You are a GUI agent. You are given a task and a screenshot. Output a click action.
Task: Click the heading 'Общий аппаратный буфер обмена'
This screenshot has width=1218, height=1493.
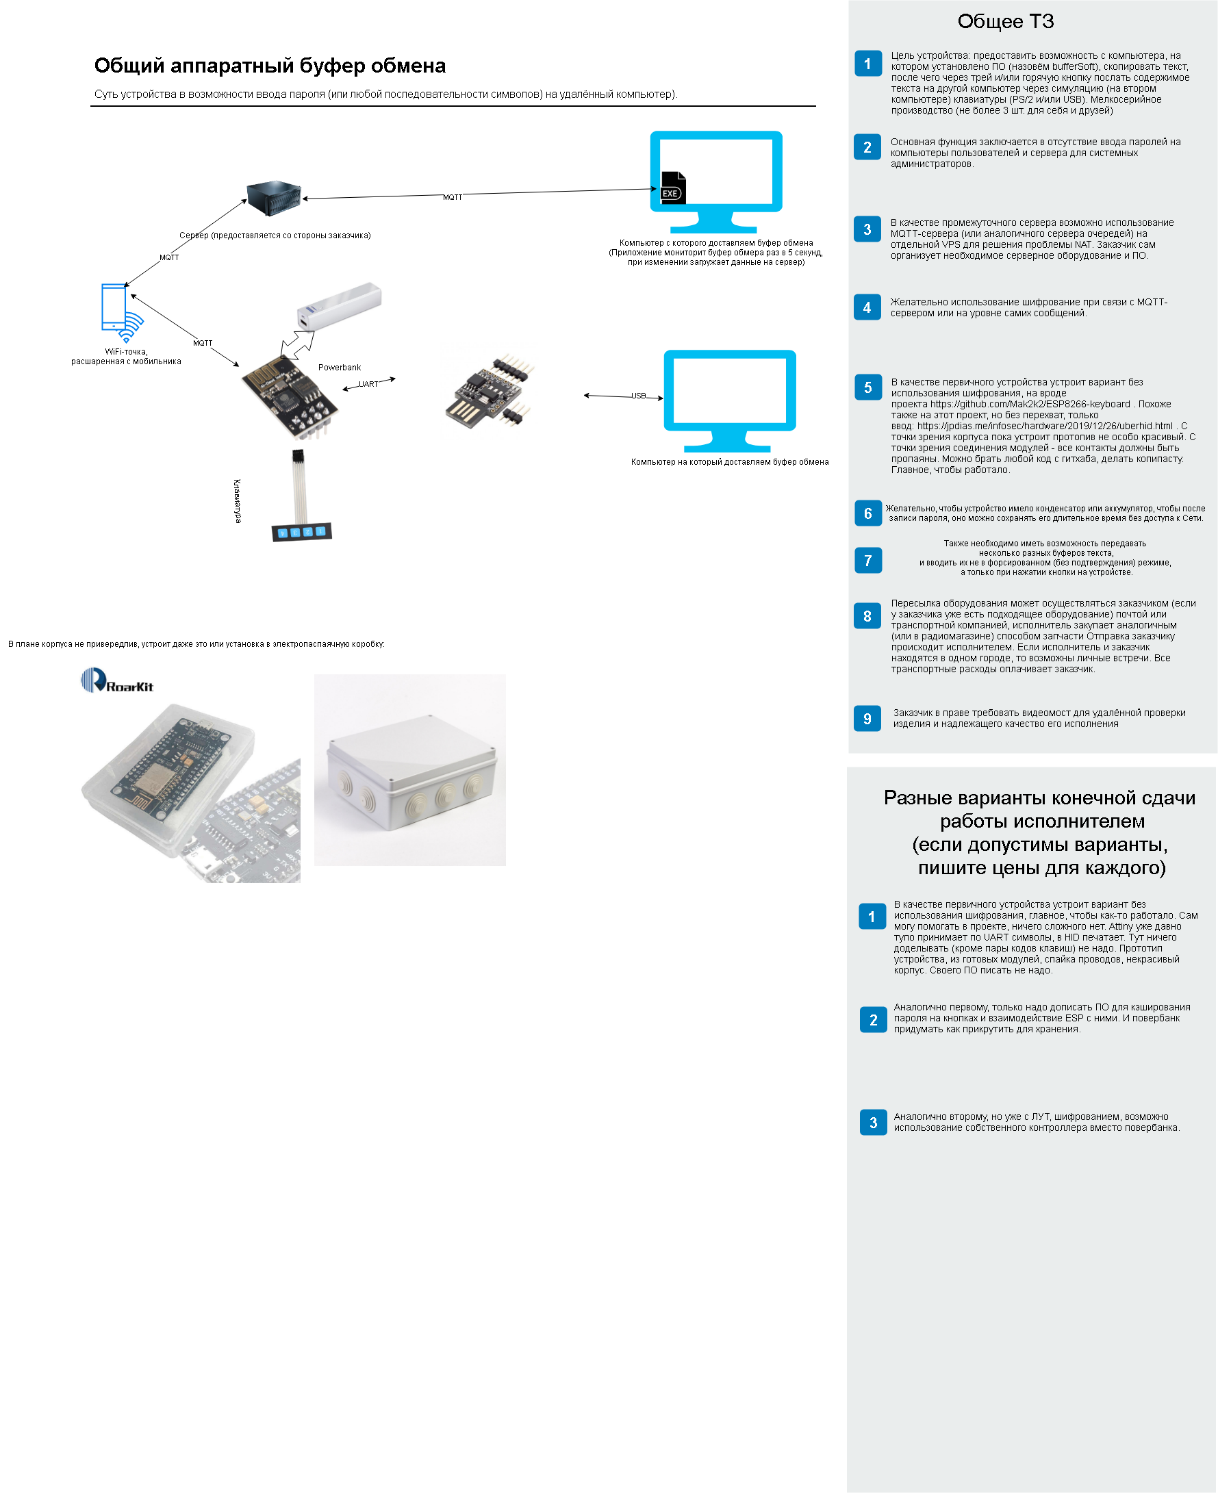click(270, 65)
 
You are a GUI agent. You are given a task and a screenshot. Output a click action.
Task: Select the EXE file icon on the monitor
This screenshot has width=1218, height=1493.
click(673, 188)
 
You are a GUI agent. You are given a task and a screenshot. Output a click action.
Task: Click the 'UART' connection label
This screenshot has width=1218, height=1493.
click(368, 384)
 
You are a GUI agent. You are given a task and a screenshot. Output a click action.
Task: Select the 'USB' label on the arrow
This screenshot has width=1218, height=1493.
click(638, 396)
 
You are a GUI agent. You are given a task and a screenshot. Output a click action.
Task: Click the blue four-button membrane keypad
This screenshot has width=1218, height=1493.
click(302, 532)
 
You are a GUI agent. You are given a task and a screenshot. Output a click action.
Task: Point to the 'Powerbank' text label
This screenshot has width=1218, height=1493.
click(340, 367)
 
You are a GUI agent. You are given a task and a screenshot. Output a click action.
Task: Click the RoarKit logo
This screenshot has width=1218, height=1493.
click(117, 681)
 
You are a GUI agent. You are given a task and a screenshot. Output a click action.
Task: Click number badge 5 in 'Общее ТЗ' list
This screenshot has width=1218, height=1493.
click(868, 387)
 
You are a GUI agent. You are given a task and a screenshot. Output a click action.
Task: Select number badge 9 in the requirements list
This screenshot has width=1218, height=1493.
click(867, 719)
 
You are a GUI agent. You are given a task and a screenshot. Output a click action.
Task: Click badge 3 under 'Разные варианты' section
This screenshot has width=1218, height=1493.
click(873, 1123)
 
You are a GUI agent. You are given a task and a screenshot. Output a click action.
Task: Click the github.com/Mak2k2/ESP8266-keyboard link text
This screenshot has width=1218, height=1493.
click(1030, 404)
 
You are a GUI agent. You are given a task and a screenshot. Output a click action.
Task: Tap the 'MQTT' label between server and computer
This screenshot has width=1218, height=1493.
click(453, 197)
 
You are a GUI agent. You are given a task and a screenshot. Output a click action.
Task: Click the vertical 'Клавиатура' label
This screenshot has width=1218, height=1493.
click(237, 501)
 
